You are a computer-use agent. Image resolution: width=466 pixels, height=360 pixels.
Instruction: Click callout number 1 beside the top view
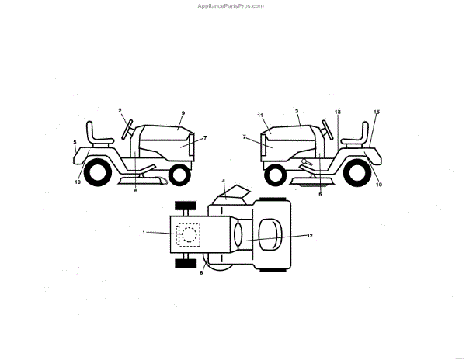point(144,232)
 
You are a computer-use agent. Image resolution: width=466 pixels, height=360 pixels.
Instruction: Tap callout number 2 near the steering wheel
point(120,111)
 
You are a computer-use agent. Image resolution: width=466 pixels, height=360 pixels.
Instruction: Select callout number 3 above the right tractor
point(297,111)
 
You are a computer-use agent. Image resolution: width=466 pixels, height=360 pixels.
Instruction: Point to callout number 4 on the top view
point(224,182)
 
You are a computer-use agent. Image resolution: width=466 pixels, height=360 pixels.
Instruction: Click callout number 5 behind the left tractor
point(75,142)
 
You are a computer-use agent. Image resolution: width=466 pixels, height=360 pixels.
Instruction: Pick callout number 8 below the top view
point(202,272)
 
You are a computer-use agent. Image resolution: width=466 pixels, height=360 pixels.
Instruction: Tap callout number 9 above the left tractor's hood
point(183,113)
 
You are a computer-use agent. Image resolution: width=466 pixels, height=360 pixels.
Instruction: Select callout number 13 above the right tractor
point(338,112)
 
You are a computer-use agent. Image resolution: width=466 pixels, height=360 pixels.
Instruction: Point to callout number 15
point(377,112)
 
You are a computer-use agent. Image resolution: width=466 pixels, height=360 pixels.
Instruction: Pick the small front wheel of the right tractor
point(276,175)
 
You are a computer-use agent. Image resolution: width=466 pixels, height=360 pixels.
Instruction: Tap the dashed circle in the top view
point(189,234)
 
